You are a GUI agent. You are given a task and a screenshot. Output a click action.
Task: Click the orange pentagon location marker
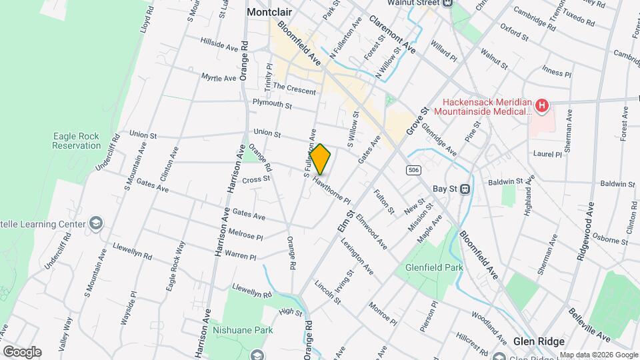point(321,159)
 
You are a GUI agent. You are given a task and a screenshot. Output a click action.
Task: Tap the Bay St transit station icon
point(465,189)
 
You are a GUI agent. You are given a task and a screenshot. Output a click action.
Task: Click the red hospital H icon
point(543,105)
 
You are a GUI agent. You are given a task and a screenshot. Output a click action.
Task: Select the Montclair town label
point(271,12)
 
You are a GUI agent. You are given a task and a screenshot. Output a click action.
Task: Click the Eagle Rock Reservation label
point(76,141)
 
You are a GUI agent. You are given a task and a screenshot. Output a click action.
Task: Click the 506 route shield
point(413,171)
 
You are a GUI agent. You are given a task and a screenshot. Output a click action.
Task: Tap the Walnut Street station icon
point(447,3)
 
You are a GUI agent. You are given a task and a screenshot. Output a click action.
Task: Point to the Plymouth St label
point(272,104)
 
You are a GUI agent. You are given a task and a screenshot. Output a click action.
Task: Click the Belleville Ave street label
point(589,323)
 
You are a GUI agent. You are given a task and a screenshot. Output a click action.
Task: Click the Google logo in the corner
point(21,351)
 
